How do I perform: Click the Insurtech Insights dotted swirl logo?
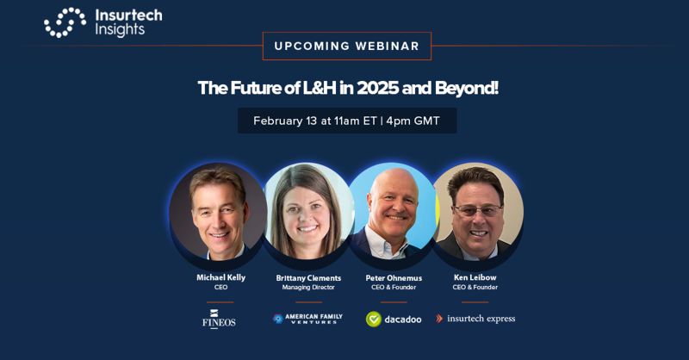pyautogui.click(x=65, y=22)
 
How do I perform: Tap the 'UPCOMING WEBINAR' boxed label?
pyautogui.click(x=347, y=46)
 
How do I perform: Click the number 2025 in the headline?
pyautogui.click(x=377, y=88)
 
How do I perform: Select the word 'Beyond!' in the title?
pyautogui.click(x=467, y=89)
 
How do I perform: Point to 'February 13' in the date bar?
pyautogui.click(x=285, y=121)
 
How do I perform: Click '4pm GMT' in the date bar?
pyautogui.click(x=413, y=121)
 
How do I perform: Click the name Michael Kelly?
pyautogui.click(x=220, y=277)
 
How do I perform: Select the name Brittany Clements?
pyautogui.click(x=308, y=278)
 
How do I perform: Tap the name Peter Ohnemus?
pyautogui.click(x=394, y=278)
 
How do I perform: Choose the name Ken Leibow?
pyautogui.click(x=475, y=277)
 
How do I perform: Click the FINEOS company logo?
pyautogui.click(x=219, y=319)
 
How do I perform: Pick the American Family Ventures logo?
pyautogui.click(x=307, y=319)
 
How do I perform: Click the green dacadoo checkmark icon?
pyautogui.click(x=374, y=320)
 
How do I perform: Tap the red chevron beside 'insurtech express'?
pyautogui.click(x=439, y=319)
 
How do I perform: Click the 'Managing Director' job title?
pyautogui.click(x=308, y=288)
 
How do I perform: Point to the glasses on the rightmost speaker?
pyautogui.click(x=478, y=210)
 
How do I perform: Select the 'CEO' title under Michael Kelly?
pyautogui.click(x=220, y=287)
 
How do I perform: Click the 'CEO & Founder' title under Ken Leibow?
pyautogui.click(x=475, y=287)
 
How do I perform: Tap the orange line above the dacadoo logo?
pyautogui.click(x=394, y=302)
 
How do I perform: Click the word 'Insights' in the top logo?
pyautogui.click(x=120, y=30)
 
